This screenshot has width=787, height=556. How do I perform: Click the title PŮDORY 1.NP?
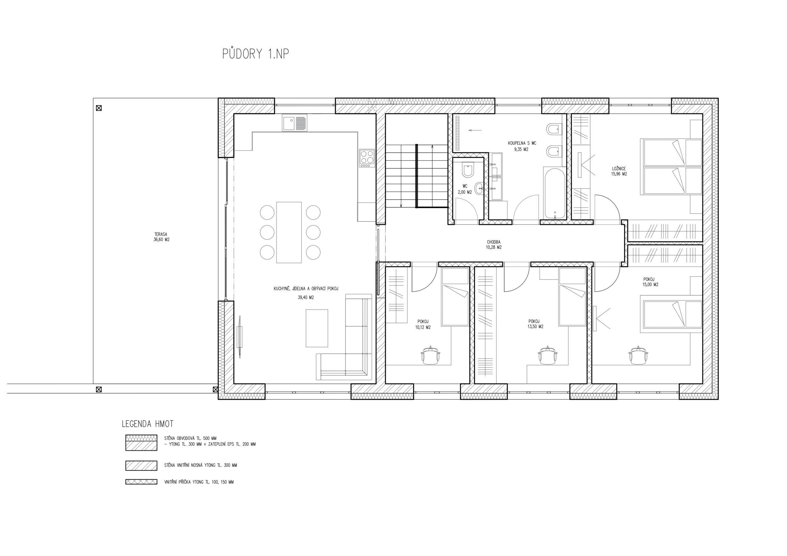tap(255, 54)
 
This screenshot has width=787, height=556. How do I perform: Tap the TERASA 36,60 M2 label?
tap(161, 237)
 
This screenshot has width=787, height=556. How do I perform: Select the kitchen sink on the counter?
tap(295, 123)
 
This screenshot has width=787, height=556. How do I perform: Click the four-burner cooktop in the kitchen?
tap(367, 158)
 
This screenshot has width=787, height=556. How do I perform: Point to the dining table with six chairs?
tap(289, 232)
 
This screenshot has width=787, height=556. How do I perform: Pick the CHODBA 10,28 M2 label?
tap(494, 245)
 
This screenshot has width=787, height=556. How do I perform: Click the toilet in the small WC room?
tap(468, 170)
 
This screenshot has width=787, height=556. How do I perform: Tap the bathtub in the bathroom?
tap(554, 193)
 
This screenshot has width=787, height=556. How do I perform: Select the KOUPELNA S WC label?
tap(522, 143)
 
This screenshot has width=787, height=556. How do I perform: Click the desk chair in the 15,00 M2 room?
tap(638, 355)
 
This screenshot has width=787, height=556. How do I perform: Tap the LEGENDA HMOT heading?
tap(148, 424)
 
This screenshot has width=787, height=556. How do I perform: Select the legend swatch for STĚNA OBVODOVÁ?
tap(141, 443)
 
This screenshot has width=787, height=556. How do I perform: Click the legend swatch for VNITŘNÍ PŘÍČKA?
tap(141, 482)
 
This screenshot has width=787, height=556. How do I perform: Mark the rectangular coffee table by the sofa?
tap(317, 328)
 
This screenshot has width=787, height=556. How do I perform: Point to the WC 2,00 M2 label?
tap(465, 189)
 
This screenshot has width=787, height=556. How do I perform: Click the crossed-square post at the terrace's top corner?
tap(99, 108)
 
